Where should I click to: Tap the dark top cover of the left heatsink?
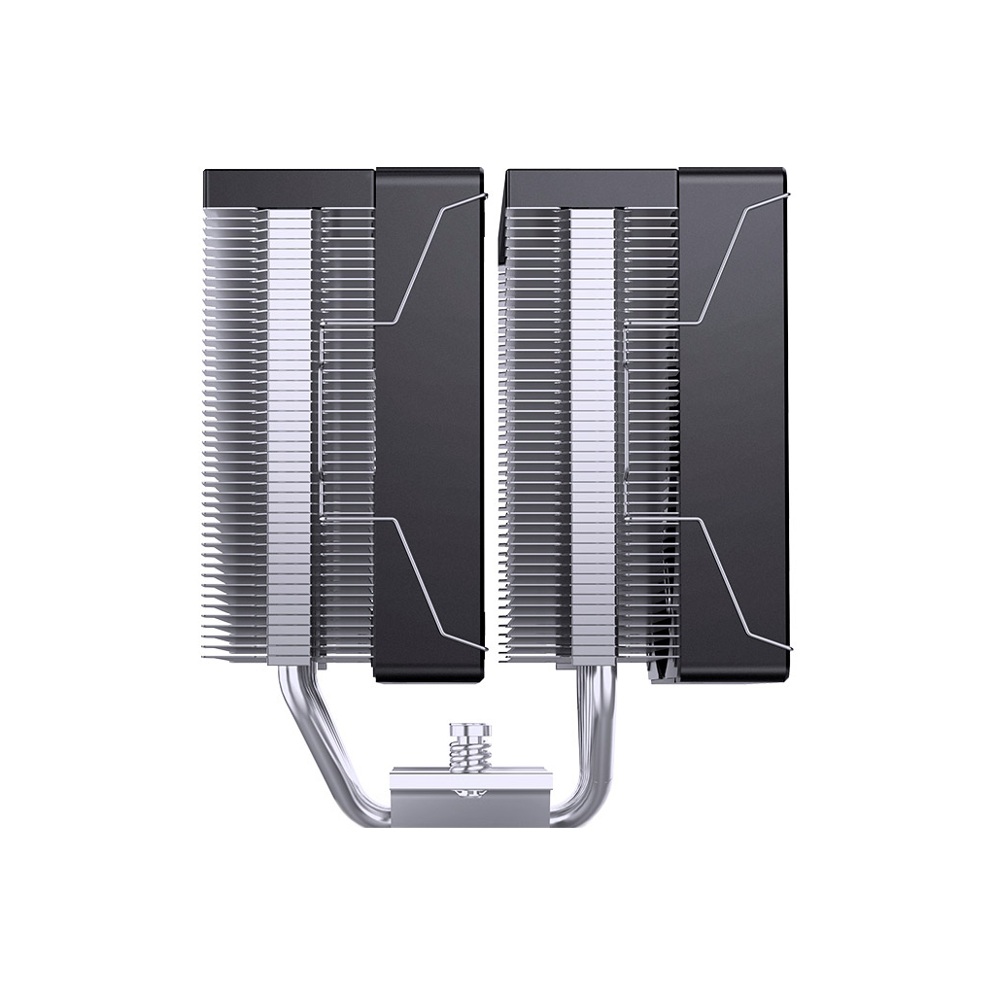pyautogui.click(x=289, y=187)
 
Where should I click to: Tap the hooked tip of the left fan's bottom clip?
pyautogui.click(x=482, y=647)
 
